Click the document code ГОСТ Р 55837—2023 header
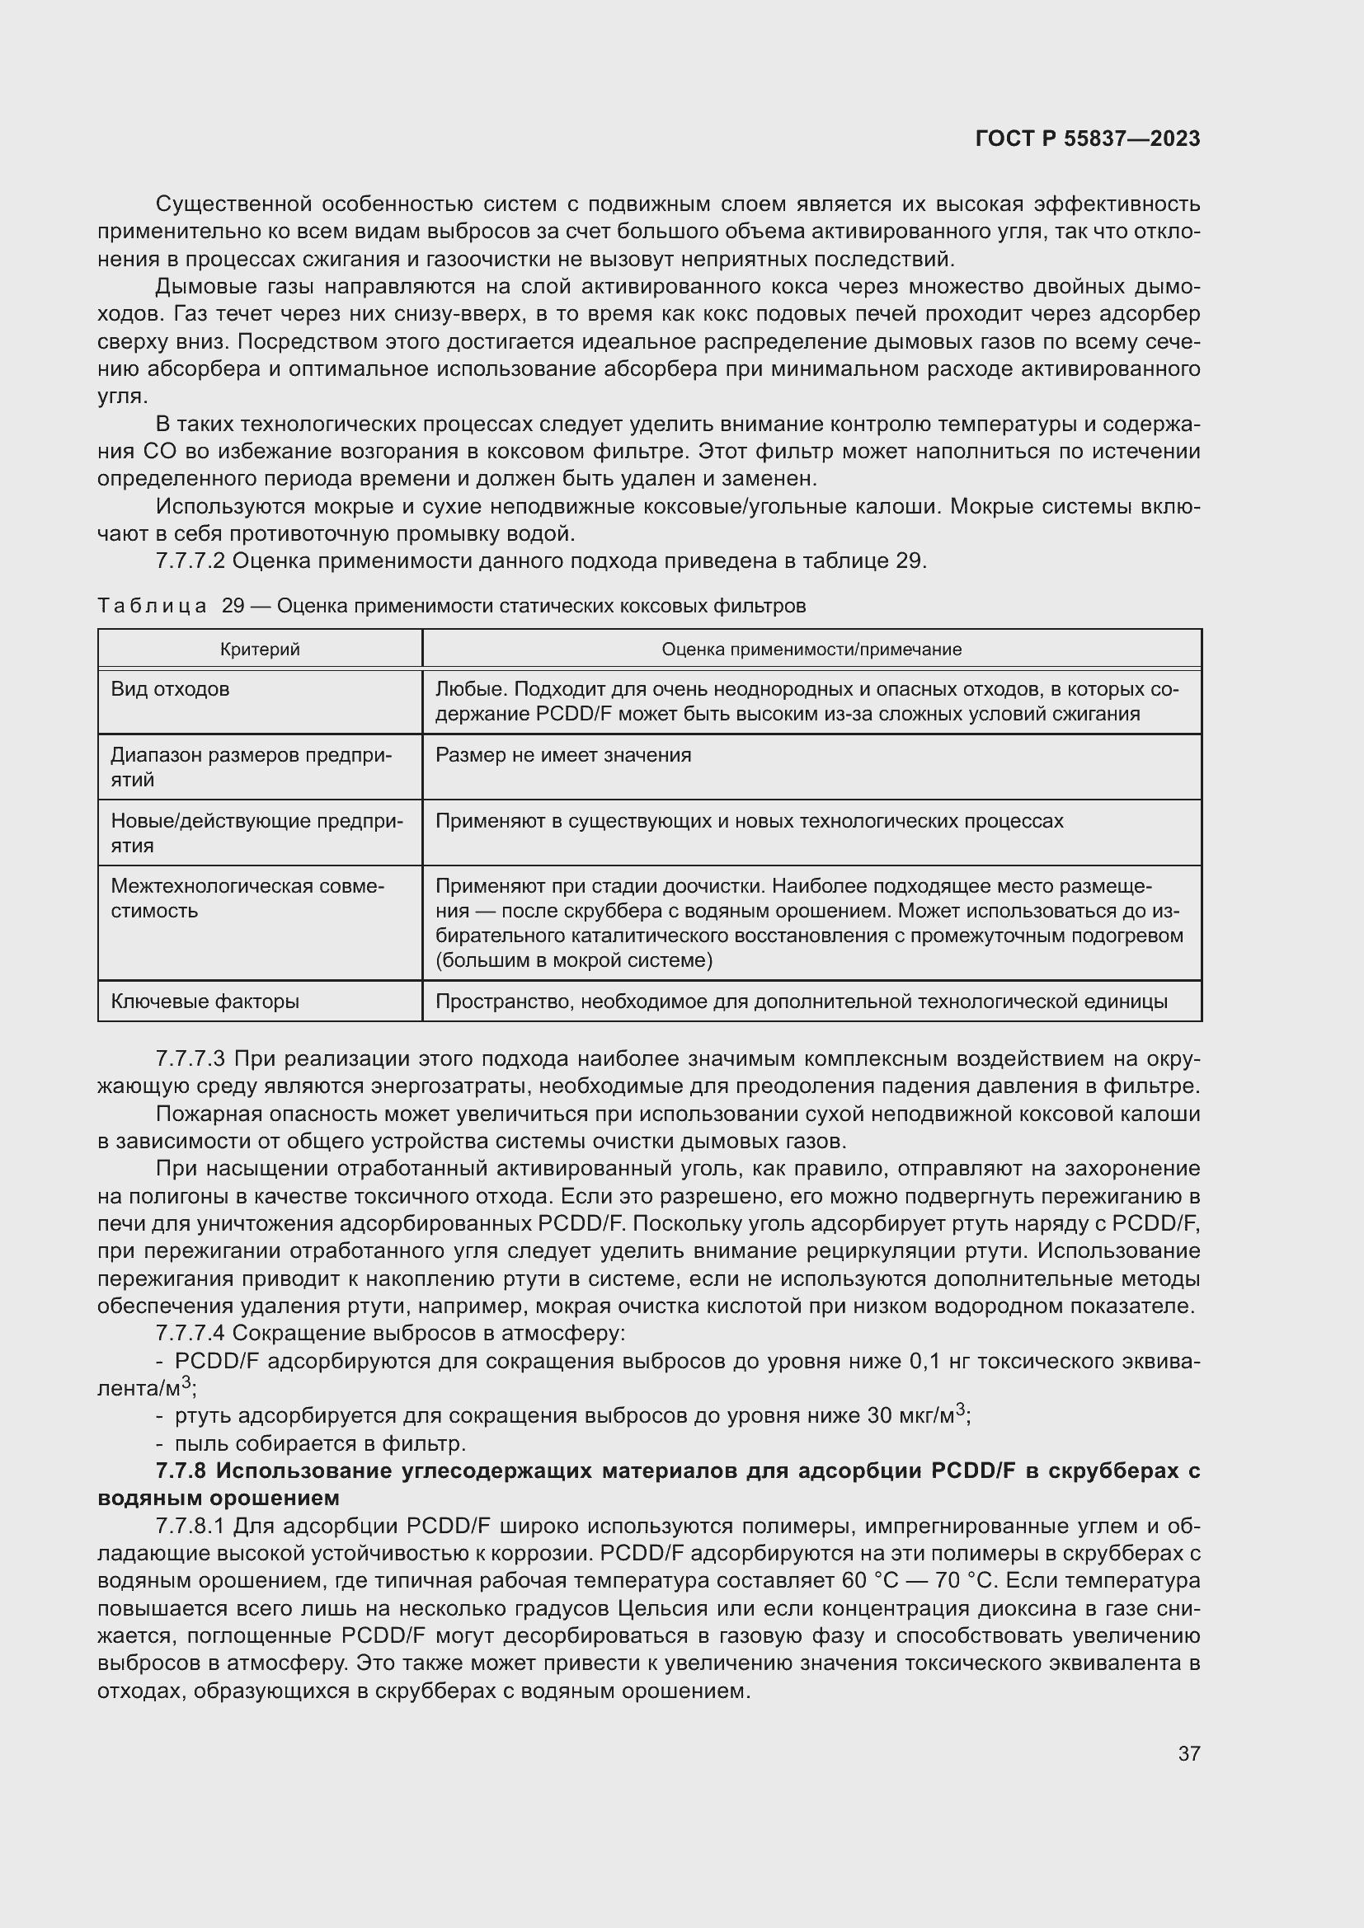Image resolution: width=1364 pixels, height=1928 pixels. [x=1088, y=138]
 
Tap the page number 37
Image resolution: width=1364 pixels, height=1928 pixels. [x=1188, y=1753]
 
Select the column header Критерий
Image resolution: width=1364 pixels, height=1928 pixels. [x=260, y=649]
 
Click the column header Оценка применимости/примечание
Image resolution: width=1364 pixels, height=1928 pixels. [x=811, y=649]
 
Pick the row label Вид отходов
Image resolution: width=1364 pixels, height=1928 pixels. [x=171, y=689]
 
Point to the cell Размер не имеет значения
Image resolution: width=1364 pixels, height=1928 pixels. [x=562, y=755]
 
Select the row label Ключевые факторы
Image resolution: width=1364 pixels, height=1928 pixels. [x=205, y=1002]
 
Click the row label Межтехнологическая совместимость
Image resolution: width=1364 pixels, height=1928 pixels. [x=247, y=898]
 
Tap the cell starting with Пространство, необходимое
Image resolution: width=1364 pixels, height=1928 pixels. [x=801, y=1002]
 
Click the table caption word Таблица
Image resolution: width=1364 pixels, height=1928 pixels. [x=152, y=606]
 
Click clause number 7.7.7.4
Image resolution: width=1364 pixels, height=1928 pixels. [x=190, y=1334]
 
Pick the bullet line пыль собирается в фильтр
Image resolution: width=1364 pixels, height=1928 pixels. [x=319, y=1443]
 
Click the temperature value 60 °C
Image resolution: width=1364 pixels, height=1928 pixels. [x=870, y=1581]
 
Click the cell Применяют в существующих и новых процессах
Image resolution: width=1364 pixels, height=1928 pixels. [x=748, y=820]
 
